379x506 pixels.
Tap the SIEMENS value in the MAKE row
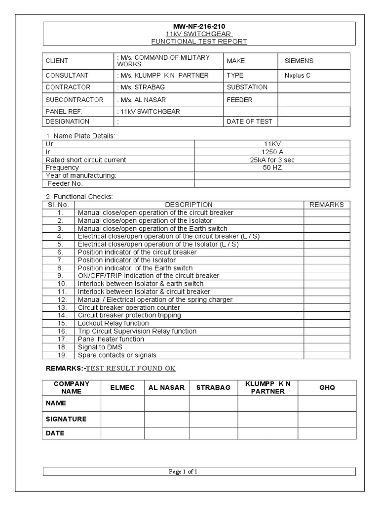297,61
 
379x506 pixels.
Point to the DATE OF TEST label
249,122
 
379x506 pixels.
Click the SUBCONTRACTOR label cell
75,100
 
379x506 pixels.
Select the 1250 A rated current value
272,152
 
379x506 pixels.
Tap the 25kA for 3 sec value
272,160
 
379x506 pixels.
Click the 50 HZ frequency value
272,168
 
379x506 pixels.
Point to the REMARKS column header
326,205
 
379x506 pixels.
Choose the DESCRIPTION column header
189,205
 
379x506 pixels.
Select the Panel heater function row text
111,339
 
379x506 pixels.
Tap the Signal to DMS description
101,347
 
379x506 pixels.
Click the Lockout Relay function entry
113,323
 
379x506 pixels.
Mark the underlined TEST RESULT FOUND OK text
131,369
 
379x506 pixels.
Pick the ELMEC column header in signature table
122,388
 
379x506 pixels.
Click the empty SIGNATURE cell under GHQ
327,419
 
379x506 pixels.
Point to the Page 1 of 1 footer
183,472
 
